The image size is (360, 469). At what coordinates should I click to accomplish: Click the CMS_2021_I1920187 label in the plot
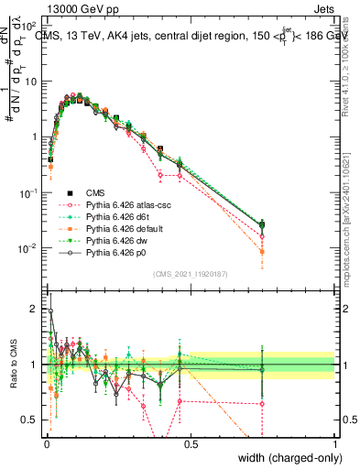190,274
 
